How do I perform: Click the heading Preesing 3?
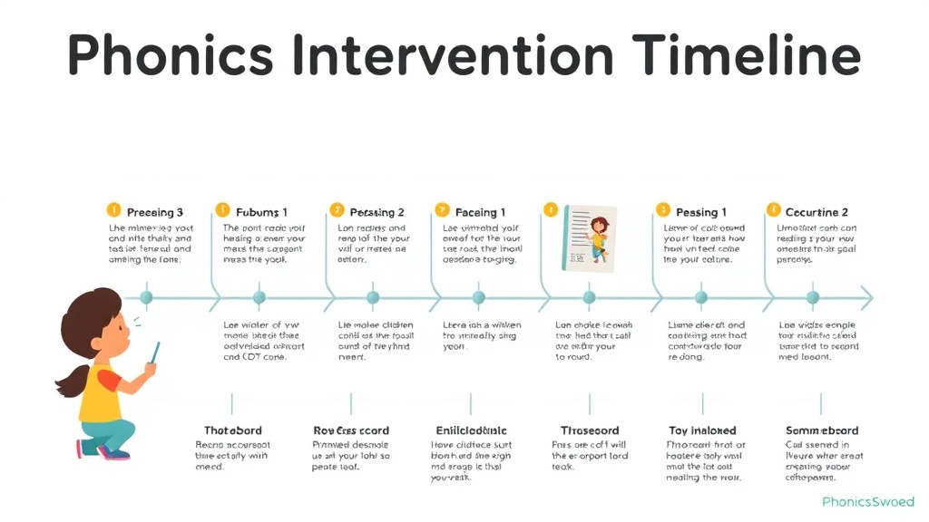(154, 212)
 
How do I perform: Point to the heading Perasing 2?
(376, 212)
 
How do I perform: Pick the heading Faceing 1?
(480, 212)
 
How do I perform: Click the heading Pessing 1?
(701, 212)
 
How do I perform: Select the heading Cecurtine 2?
(817, 212)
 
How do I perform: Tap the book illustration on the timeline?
(589, 237)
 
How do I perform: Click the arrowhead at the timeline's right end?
(866, 297)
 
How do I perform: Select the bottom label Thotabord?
(233, 430)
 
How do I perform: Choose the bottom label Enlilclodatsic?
(472, 430)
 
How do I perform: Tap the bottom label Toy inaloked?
(702, 430)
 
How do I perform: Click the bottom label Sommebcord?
(821, 430)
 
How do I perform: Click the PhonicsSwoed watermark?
(866, 501)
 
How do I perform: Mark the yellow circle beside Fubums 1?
(220, 210)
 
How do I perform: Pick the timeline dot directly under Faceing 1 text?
(479, 297)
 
